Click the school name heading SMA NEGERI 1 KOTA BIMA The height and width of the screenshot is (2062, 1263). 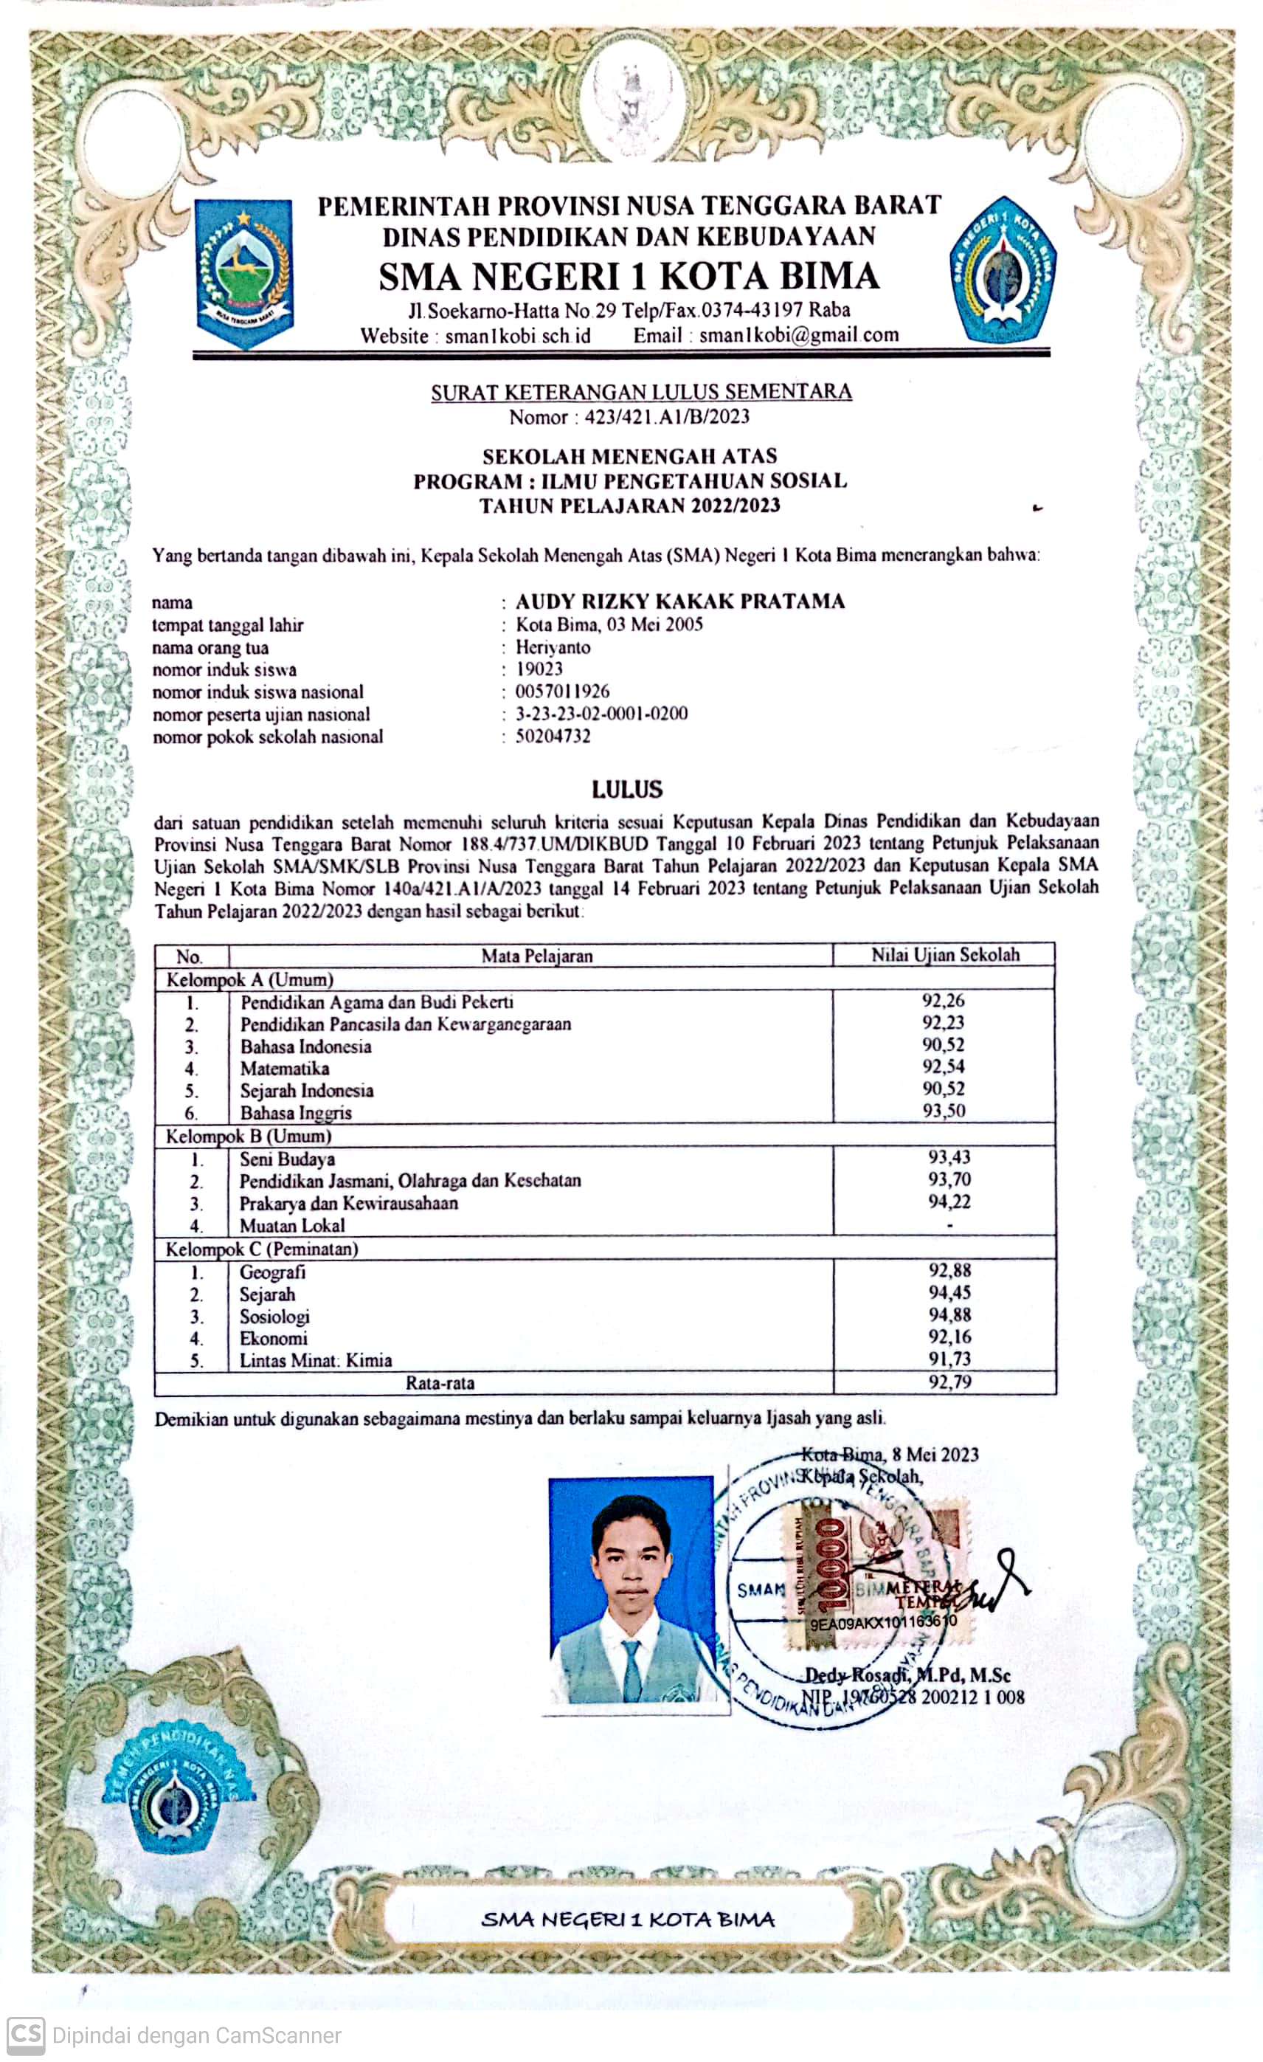(x=629, y=276)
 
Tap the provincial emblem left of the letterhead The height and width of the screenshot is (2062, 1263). (x=244, y=273)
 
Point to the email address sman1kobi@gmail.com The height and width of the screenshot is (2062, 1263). (x=799, y=336)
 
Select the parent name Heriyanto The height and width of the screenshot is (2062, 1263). (x=553, y=647)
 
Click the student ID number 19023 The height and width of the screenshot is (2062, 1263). (x=539, y=669)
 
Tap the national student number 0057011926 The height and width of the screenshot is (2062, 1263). (x=562, y=692)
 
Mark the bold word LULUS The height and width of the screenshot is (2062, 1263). (x=627, y=789)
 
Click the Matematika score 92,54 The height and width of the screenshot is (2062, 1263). (x=944, y=1066)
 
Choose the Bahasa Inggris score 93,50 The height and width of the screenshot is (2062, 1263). (x=944, y=1111)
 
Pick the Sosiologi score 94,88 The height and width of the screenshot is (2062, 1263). (x=949, y=1314)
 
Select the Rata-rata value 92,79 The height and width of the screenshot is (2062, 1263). (x=949, y=1382)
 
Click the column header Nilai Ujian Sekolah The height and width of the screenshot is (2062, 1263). (x=945, y=955)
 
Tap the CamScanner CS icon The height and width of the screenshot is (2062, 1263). (x=25, y=2035)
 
